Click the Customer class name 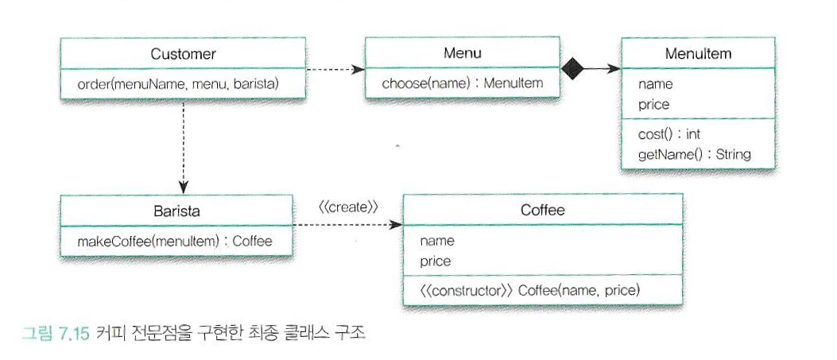(183, 54)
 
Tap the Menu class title (463, 54)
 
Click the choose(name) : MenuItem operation (463, 83)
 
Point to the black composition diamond (573, 69)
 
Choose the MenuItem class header (698, 54)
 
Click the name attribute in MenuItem (655, 83)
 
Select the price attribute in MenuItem (654, 104)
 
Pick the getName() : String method (694, 154)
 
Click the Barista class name (177, 211)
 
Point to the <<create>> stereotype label (347, 207)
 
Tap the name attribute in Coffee (437, 240)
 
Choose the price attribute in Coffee (436, 261)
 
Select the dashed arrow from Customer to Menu (334, 69)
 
